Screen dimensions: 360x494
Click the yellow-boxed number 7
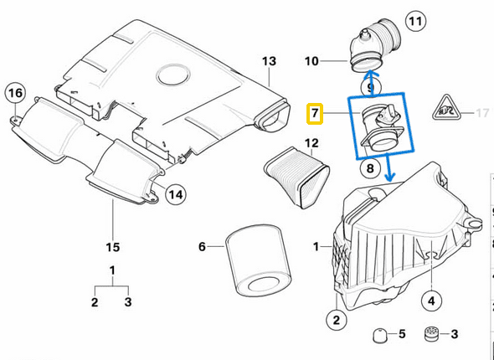(316, 111)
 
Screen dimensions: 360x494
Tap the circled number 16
(15, 92)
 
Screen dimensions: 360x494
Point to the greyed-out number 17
(481, 111)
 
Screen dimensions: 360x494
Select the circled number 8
(369, 168)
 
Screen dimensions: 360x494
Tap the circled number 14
(175, 194)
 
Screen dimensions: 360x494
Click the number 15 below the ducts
(113, 246)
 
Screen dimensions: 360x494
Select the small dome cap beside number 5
(378, 335)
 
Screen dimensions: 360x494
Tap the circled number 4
(431, 299)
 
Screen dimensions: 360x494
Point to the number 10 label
(311, 61)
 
